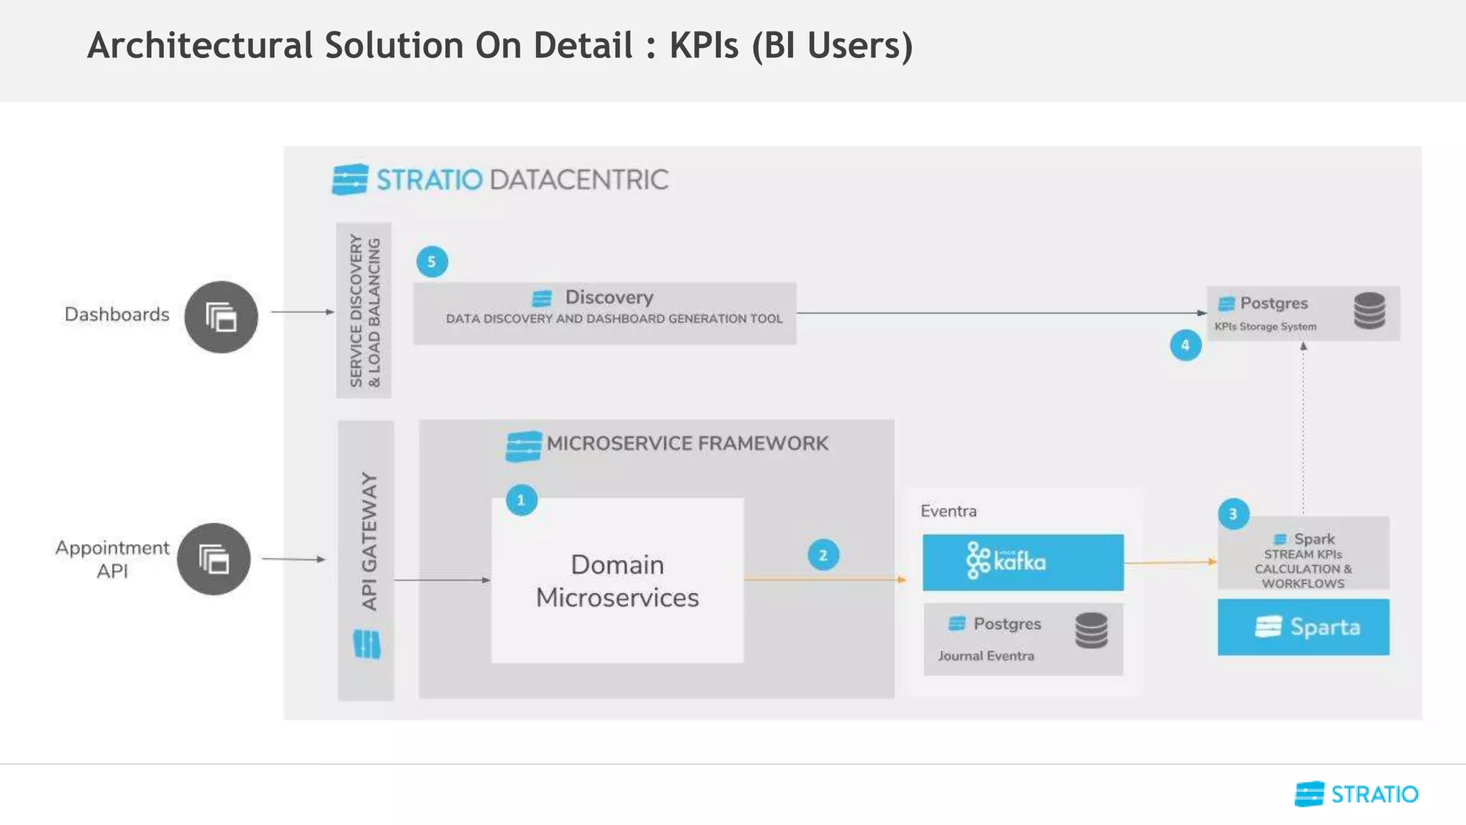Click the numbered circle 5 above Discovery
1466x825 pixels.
(x=432, y=262)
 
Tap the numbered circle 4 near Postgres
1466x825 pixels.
(x=1185, y=345)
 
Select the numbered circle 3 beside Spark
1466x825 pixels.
(x=1233, y=513)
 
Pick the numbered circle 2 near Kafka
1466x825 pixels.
(x=823, y=555)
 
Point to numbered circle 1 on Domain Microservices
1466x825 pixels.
(x=521, y=500)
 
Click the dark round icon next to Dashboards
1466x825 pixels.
(x=221, y=317)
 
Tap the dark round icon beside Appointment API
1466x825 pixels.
(x=214, y=559)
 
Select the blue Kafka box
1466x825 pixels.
(x=1023, y=562)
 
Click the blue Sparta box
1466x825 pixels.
(x=1304, y=627)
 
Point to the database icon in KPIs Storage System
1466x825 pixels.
(x=1369, y=311)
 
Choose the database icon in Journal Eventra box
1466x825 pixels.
(x=1091, y=630)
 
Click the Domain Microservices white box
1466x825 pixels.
(x=618, y=581)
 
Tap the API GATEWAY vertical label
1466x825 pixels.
(x=369, y=541)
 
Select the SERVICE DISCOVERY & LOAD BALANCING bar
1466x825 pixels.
(x=364, y=310)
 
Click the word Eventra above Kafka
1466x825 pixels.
(x=948, y=511)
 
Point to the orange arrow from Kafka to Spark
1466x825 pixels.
(x=1170, y=563)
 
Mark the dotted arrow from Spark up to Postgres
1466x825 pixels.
(x=1304, y=430)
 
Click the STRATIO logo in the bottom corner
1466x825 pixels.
(x=1356, y=794)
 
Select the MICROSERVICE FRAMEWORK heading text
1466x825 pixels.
(x=687, y=443)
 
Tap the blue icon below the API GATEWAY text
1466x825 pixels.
(x=367, y=644)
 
